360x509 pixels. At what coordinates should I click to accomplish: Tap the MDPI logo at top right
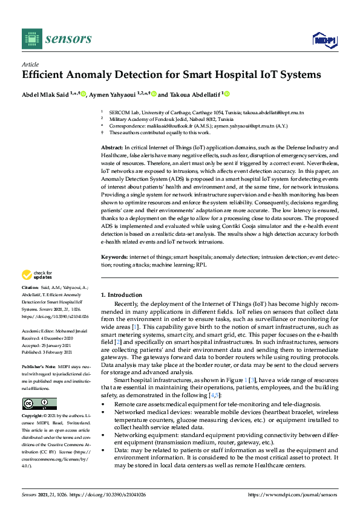321,40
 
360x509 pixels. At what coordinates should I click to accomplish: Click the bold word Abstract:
112,148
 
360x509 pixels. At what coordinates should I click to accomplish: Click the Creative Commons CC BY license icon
39,404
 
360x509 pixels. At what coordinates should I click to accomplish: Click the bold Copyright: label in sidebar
33,417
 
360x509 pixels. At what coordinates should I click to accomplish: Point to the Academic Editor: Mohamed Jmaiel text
54,332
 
